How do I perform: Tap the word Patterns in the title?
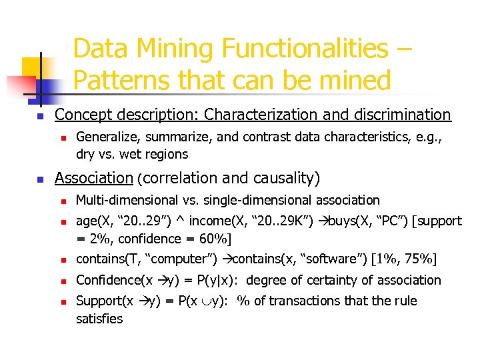pyautogui.click(x=121, y=80)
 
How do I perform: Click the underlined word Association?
pyautogui.click(x=94, y=178)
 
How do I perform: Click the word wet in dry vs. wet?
pyautogui.click(x=130, y=154)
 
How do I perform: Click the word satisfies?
pyautogui.click(x=99, y=319)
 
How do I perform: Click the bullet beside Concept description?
pyautogui.click(x=39, y=116)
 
